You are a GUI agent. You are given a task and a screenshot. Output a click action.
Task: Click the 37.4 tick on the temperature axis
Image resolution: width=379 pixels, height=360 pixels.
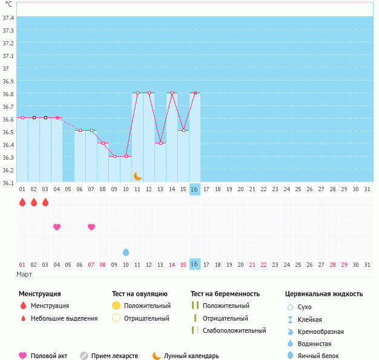pos(8,18)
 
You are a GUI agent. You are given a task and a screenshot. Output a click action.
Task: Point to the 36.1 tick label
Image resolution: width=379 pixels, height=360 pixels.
pos(8,183)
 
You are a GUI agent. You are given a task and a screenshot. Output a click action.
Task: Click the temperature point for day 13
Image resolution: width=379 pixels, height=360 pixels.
pos(160,143)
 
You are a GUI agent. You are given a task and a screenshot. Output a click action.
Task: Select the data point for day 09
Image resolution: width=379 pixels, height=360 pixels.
pos(114,156)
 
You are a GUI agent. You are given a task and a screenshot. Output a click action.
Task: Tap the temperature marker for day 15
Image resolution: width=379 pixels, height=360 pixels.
pos(183,130)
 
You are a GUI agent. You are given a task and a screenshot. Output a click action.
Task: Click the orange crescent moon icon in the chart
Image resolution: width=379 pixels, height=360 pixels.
pos(138,175)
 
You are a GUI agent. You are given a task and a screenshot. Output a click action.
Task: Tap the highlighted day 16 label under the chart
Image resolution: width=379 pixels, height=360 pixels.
pos(194,189)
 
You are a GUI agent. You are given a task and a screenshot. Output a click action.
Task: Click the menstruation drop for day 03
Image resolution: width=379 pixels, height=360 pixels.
pos(45,202)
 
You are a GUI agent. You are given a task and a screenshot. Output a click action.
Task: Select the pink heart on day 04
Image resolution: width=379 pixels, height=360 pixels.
pos(57,227)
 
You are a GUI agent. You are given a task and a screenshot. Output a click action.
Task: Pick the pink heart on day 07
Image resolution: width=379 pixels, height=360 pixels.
pos(91,227)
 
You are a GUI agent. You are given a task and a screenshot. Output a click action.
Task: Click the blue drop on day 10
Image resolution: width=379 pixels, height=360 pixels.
pos(126,252)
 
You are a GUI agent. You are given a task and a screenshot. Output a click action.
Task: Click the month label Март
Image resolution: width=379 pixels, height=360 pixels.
pos(24,274)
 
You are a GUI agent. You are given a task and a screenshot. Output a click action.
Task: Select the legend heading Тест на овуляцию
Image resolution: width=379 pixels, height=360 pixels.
pos(140,294)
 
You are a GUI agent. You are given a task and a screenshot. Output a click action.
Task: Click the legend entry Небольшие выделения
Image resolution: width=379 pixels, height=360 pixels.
pos(64,318)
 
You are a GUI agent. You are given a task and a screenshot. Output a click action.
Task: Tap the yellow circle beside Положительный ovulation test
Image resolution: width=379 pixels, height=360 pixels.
pos(116,306)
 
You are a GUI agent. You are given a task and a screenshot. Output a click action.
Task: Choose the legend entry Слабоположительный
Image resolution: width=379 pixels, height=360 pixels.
pos(234,330)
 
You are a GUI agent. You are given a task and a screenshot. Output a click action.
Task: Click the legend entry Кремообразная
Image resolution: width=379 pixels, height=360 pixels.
pos(321,332)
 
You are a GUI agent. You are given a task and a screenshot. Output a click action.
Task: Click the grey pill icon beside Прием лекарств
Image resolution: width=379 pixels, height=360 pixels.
pos(84,356)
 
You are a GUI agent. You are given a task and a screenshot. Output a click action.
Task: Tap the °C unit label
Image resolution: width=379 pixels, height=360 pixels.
pos(8,4)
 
